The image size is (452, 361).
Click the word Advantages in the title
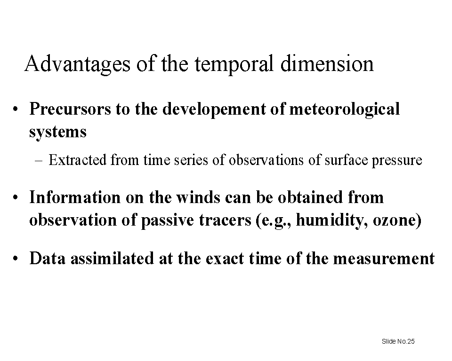(x=77, y=64)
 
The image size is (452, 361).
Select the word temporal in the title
(x=234, y=64)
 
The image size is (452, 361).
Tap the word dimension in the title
(x=327, y=63)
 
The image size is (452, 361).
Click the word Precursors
(x=70, y=109)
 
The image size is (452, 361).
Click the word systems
(x=57, y=132)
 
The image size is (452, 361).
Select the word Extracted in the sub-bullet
(x=78, y=160)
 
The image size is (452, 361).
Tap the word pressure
(x=397, y=161)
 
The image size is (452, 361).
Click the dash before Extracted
(x=38, y=161)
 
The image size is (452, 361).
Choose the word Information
(x=75, y=197)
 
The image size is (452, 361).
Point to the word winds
(x=198, y=197)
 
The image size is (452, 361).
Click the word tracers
(x=225, y=220)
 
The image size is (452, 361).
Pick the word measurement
(x=384, y=259)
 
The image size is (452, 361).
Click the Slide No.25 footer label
(x=398, y=341)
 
